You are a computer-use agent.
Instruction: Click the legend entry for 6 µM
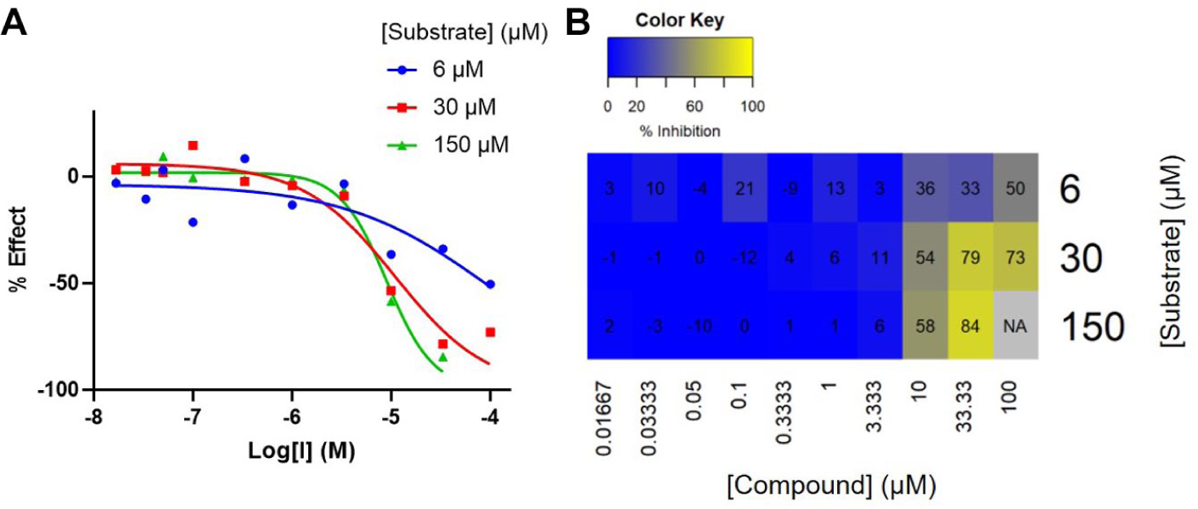point(436,70)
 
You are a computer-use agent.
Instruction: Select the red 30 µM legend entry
point(442,107)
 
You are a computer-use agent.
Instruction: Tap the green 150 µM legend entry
point(448,144)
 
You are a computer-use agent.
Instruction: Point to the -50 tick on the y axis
point(64,283)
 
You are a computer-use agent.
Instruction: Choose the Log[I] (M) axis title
point(301,450)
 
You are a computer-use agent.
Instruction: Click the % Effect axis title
point(17,250)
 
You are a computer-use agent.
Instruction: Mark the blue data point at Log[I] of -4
point(490,284)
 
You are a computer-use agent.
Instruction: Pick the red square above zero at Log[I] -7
point(193,145)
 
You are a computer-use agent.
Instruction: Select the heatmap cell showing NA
point(1015,325)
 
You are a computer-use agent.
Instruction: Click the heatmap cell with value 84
point(970,325)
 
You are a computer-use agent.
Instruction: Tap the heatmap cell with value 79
point(970,257)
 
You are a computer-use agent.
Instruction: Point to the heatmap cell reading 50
point(1015,188)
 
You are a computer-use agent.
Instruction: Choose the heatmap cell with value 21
point(745,188)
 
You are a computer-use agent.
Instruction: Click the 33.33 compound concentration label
point(965,406)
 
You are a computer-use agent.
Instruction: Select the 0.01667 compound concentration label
point(604,419)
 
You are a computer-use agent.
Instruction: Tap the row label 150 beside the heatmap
point(1093,326)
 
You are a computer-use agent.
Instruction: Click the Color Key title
point(679,20)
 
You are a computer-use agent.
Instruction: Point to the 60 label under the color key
point(695,106)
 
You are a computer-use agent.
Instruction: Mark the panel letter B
point(577,22)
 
